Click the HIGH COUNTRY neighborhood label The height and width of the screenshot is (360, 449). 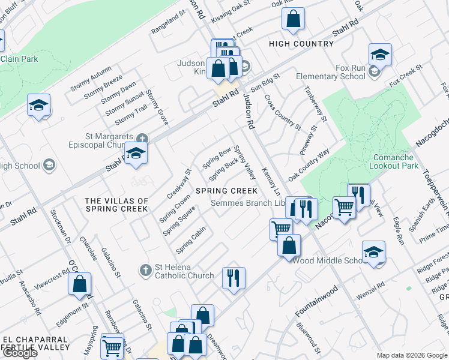click(301, 44)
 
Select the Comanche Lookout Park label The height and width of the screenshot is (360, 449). click(397, 161)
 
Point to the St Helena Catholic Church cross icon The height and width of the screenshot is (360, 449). click(145, 271)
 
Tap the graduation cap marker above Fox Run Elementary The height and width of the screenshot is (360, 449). click(380, 55)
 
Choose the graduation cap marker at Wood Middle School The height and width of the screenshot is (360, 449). click(373, 252)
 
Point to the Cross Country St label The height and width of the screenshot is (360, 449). click(282, 112)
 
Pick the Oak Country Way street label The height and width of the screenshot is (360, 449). click(309, 162)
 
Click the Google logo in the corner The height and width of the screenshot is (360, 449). click(20, 353)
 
